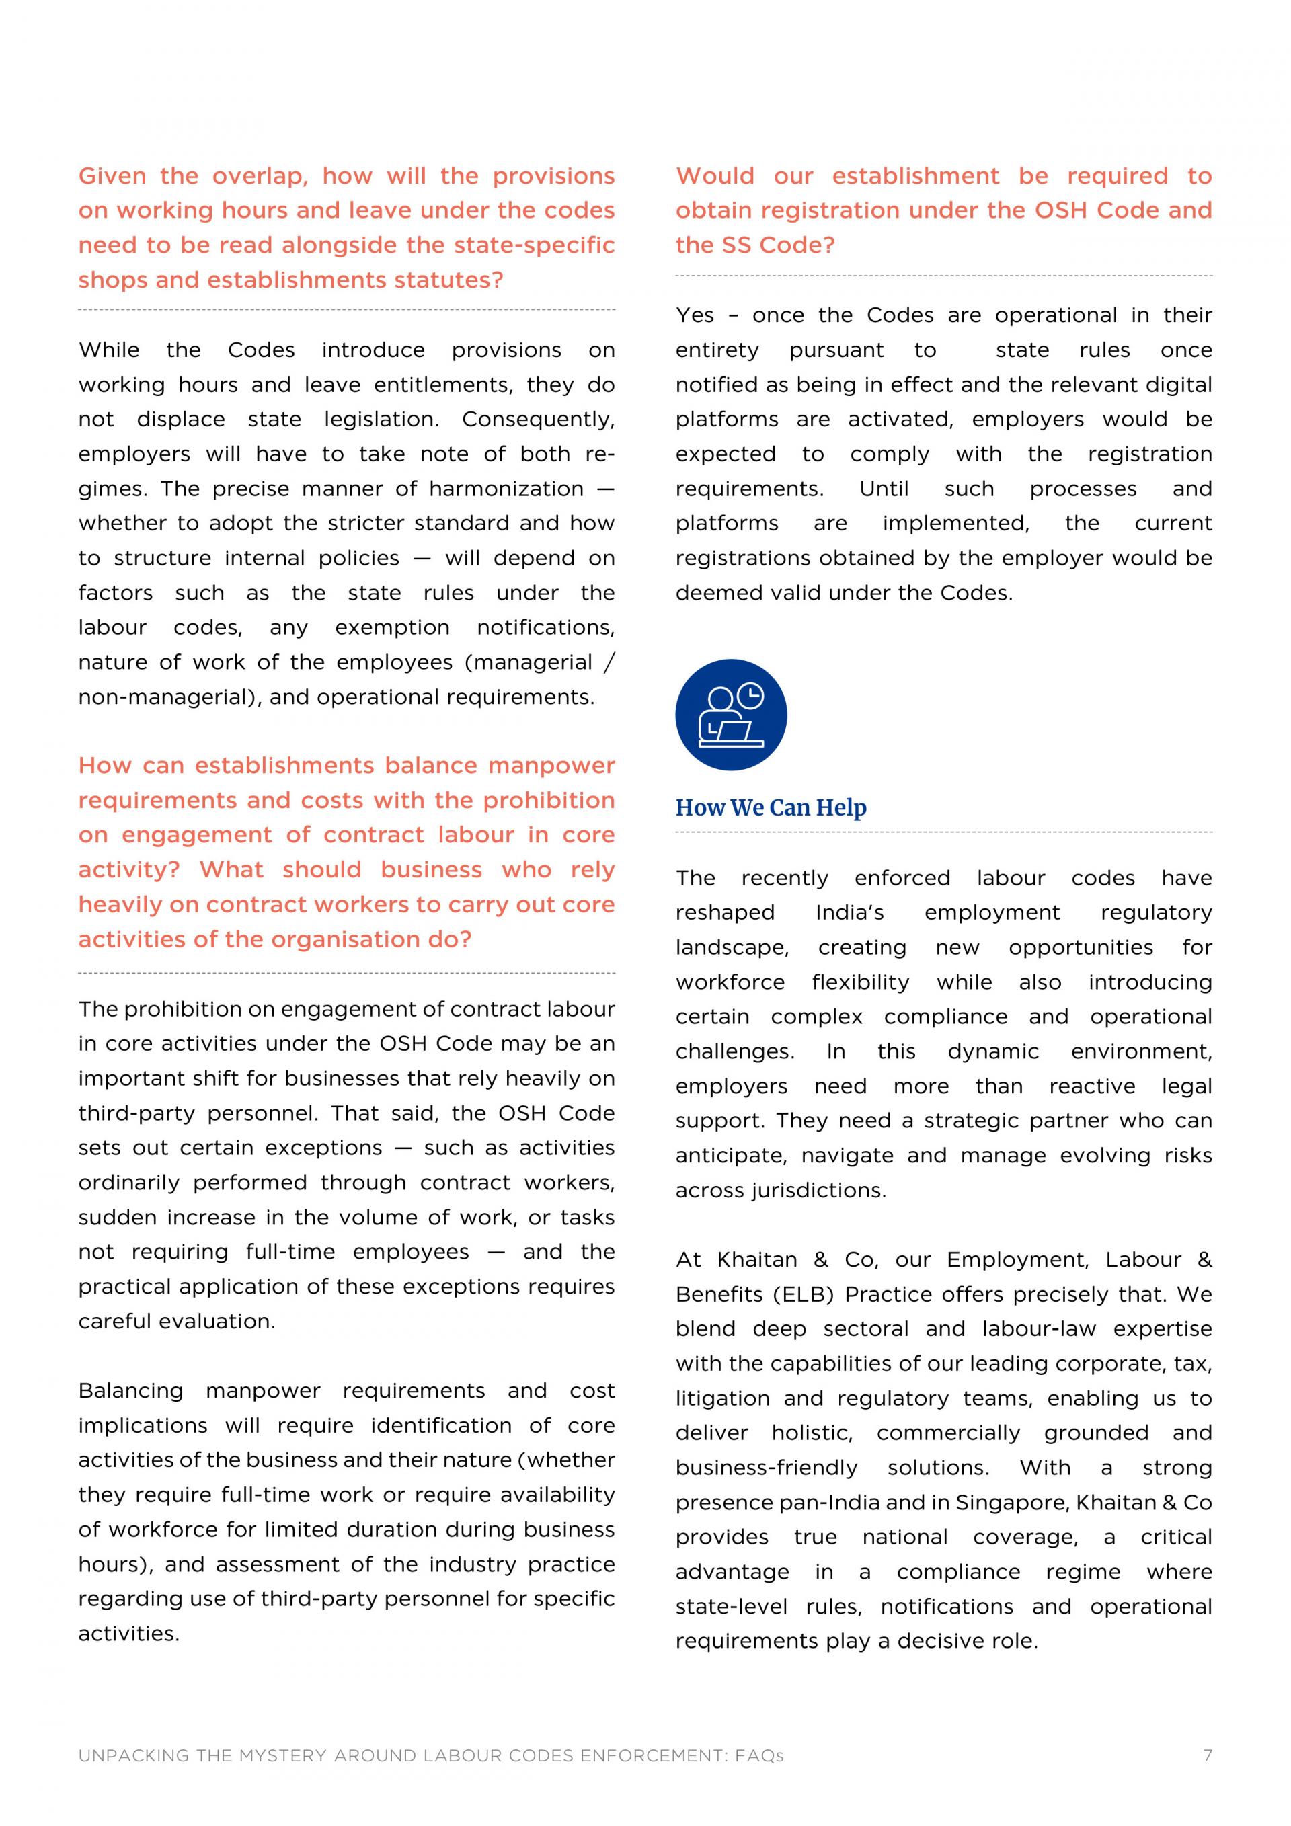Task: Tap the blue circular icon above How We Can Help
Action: coord(731,714)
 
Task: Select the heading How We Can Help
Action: coord(771,807)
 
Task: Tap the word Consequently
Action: coord(538,419)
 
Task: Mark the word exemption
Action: coord(391,627)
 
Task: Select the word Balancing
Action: coord(130,1390)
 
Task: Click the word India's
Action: coord(849,912)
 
